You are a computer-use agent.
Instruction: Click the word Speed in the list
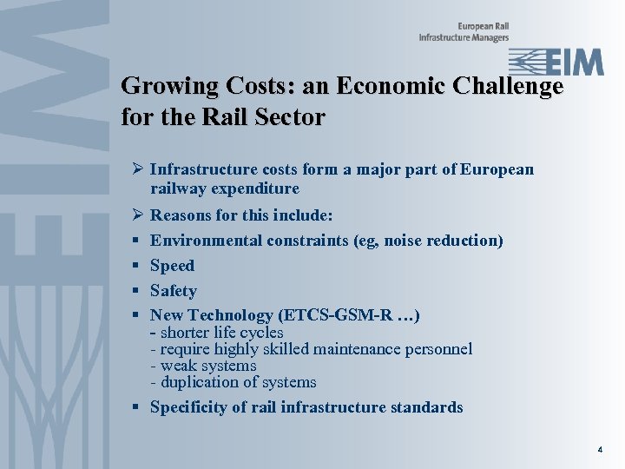172,266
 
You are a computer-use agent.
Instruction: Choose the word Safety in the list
173,291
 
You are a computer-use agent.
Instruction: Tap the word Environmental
201,241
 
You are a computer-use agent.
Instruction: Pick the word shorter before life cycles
187,333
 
